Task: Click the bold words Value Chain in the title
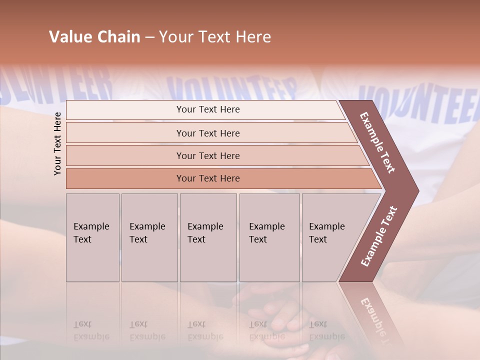click(x=94, y=36)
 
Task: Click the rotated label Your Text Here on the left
click(x=57, y=143)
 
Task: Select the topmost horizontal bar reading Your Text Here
click(x=208, y=109)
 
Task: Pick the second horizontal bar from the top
click(x=208, y=133)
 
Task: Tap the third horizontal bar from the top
click(x=208, y=155)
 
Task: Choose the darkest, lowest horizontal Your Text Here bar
click(x=208, y=178)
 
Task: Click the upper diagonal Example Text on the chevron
click(x=377, y=142)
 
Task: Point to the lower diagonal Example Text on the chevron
click(x=378, y=236)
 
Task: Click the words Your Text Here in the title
click(x=215, y=36)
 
